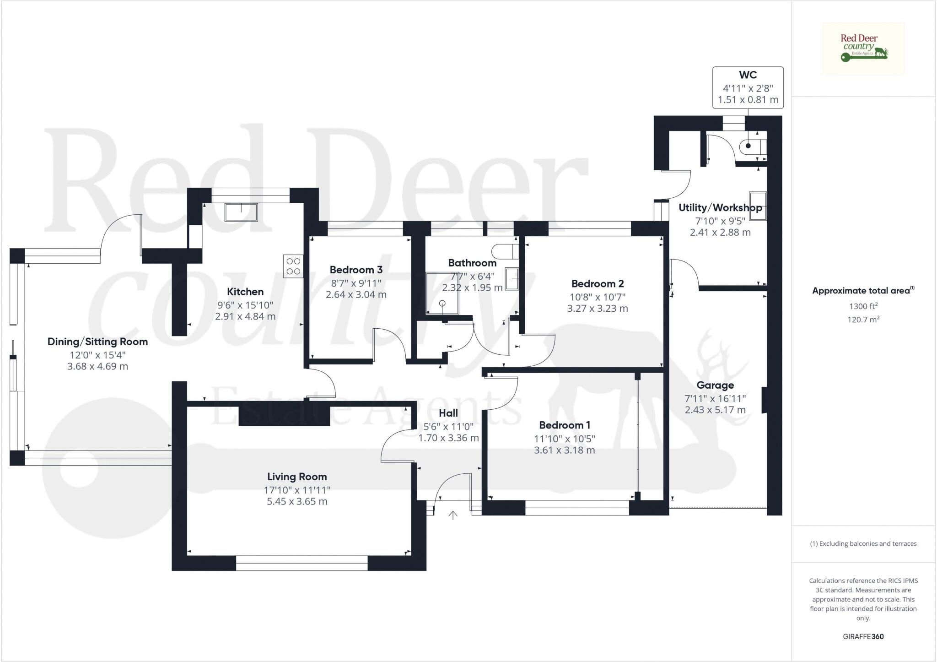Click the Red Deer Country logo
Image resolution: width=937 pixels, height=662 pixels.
[863, 49]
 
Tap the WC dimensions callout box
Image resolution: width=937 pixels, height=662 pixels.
[748, 87]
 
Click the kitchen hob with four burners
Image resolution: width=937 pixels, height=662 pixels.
[293, 266]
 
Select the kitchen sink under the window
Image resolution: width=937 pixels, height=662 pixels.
[241, 212]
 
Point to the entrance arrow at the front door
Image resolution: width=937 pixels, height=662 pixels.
[453, 515]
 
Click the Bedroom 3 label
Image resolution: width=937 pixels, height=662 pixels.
[356, 270]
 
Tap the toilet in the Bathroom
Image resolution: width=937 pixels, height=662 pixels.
[505, 251]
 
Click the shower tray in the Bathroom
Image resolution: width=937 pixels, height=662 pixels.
[442, 293]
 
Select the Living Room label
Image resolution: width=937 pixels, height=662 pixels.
[297, 477]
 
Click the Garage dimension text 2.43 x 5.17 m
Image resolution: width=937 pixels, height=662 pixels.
[715, 410]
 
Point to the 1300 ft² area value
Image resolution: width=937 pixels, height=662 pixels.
[863, 306]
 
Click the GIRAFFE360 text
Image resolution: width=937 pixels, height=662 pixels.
[863, 636]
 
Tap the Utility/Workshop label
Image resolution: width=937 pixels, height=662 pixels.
[720, 207]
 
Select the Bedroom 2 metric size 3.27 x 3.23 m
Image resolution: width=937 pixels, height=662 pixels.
[597, 309]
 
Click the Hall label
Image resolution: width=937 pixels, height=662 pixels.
[448, 413]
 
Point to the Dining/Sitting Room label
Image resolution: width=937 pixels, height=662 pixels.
[97, 342]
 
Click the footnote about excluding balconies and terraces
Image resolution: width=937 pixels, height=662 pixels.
[863, 544]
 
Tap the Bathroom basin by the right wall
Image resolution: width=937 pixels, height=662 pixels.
[512, 278]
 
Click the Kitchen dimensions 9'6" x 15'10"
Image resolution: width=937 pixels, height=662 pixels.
[245, 305]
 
